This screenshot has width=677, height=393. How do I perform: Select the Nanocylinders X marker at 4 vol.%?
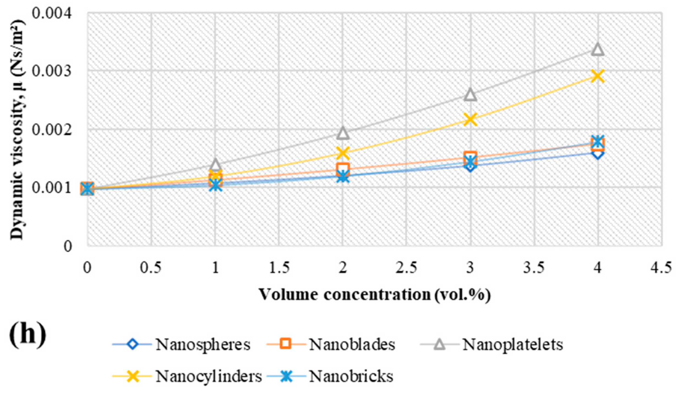[597, 76]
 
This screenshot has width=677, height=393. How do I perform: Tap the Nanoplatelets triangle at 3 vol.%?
[470, 95]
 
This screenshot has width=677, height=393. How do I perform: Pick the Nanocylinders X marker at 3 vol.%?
[470, 120]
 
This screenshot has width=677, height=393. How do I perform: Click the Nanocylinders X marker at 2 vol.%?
[343, 153]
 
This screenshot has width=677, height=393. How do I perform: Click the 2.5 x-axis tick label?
[406, 267]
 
